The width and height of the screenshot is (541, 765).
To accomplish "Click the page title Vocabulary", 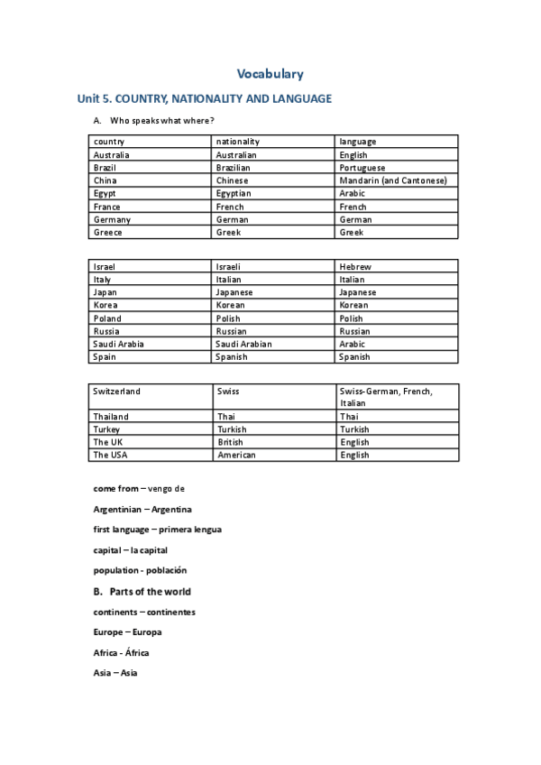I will coord(270,74).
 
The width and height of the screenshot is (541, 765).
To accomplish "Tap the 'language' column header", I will coord(358,142).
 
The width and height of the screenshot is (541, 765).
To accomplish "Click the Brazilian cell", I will coord(234,168).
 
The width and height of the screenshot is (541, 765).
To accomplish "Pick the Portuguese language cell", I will coord(362,168).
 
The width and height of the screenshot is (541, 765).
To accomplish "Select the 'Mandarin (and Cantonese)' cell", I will coord(393,180).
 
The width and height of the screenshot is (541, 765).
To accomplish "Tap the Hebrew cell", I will coord(355,267).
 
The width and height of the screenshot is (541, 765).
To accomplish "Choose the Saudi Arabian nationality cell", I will coord(243,344).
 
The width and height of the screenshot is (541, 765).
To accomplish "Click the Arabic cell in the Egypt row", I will coord(353,193).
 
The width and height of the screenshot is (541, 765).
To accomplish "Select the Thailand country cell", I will coord(111,417).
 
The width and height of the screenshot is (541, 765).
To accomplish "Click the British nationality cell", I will coord(230,443).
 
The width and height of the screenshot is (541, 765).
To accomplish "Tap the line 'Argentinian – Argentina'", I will coord(142,510).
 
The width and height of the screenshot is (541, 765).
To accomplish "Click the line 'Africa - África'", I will coord(122,652).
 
